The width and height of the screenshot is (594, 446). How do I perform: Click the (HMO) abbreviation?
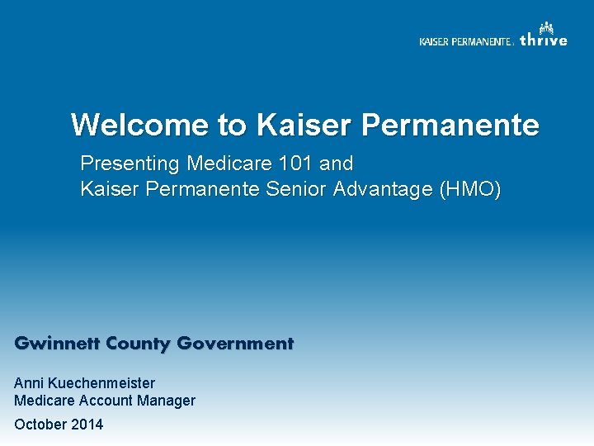[470, 189]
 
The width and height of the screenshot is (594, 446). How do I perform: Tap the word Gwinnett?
[52, 344]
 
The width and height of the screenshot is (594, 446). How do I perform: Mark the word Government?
[235, 344]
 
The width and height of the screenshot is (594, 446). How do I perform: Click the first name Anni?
[28, 383]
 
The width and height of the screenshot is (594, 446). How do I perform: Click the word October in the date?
[40, 425]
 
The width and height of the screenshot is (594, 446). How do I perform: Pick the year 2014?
[87, 425]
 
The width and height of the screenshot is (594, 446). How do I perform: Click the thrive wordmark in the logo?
[544, 40]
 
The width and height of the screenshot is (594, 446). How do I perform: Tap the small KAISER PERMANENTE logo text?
[465, 42]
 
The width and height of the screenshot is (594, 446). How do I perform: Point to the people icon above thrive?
[546, 27]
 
